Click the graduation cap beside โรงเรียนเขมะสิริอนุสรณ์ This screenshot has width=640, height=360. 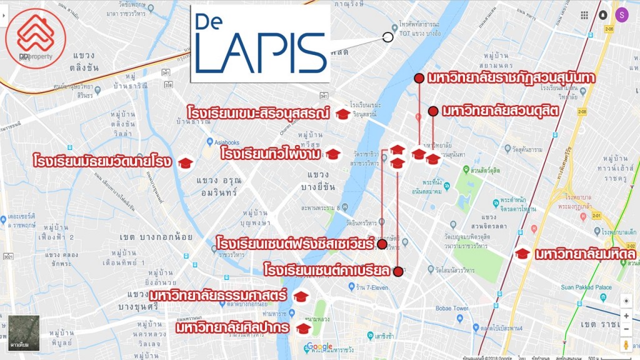click(x=342, y=114)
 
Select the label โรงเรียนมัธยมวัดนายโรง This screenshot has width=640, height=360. click(x=104, y=162)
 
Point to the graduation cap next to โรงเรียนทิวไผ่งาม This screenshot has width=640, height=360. click(x=332, y=154)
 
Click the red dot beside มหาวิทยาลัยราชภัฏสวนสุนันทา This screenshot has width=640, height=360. click(x=419, y=77)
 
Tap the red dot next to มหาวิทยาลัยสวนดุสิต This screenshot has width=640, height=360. click(x=432, y=111)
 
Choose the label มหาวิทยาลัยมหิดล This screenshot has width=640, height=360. click(x=585, y=254)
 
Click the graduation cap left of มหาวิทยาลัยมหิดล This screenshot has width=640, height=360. click(x=522, y=254)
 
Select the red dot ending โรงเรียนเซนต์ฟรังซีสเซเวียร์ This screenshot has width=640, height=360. click(x=382, y=244)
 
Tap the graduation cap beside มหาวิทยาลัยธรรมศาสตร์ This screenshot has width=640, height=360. click(x=301, y=296)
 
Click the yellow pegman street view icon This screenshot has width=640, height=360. click(x=626, y=344)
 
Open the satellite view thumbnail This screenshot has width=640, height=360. click(x=24, y=332)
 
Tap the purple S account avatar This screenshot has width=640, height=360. click(x=621, y=14)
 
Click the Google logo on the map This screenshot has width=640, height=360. click(x=319, y=347)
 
